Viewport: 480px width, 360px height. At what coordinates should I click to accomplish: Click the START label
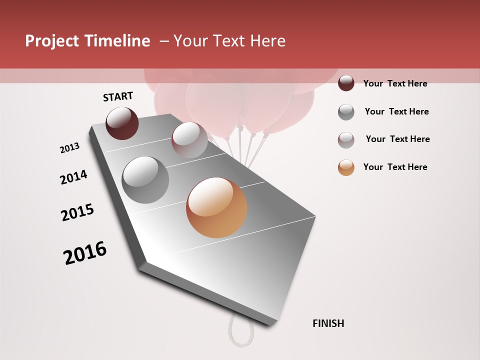pyautogui.click(x=118, y=96)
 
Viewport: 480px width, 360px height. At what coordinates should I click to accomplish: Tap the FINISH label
pyautogui.click(x=328, y=323)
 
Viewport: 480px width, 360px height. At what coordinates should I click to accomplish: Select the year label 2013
pyautogui.click(x=69, y=148)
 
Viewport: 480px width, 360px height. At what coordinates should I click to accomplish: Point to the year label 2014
pyautogui.click(x=73, y=177)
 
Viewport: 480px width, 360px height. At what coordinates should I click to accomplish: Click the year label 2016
pyautogui.click(x=85, y=253)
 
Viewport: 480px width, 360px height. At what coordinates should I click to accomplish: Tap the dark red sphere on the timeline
pyautogui.click(x=122, y=123)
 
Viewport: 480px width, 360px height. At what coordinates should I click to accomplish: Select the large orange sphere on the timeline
pyautogui.click(x=216, y=207)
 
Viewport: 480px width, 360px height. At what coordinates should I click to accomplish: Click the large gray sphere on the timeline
pyautogui.click(x=145, y=180)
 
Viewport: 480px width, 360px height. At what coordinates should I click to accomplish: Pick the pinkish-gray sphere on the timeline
pyautogui.click(x=189, y=140)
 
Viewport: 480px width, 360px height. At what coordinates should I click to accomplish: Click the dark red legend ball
pyautogui.click(x=346, y=83)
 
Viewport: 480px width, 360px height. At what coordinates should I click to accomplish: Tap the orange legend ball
pyautogui.click(x=346, y=167)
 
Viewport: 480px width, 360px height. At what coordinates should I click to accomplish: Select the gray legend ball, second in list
pyautogui.click(x=346, y=112)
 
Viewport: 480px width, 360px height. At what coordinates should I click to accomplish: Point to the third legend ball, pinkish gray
pyautogui.click(x=346, y=140)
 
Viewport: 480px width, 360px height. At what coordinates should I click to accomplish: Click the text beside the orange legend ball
pyautogui.click(x=395, y=167)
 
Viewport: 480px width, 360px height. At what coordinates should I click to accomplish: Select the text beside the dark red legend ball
pyautogui.click(x=395, y=83)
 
